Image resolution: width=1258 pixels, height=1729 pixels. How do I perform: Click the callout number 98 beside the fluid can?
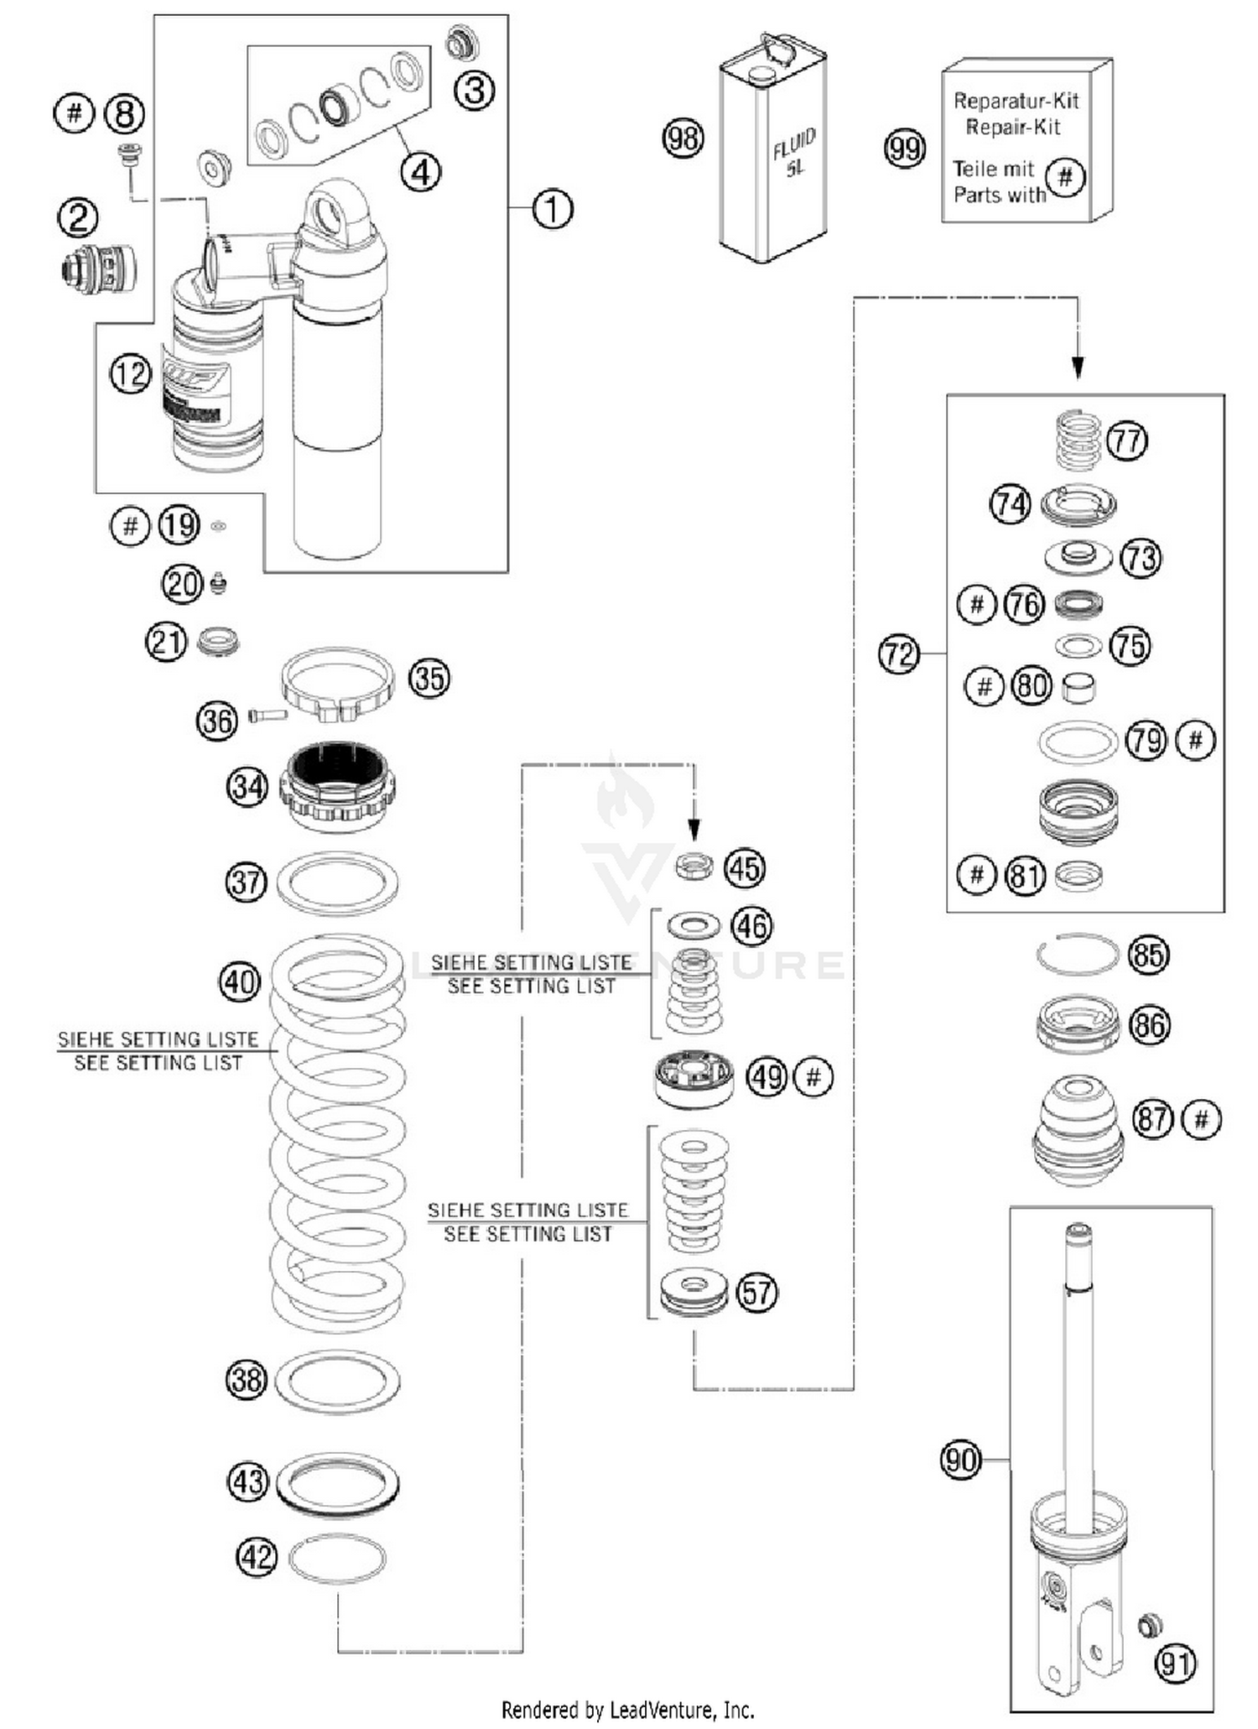[x=683, y=138]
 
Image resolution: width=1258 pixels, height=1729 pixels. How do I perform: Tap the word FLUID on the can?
[x=793, y=144]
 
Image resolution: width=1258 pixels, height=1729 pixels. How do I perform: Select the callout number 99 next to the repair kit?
[x=904, y=149]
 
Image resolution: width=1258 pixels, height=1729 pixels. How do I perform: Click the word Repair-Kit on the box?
[x=1013, y=127]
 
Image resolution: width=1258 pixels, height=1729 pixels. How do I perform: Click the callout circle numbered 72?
[x=898, y=654]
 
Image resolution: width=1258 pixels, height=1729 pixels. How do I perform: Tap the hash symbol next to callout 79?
[x=1195, y=740]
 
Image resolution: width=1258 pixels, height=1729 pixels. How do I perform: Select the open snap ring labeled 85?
[x=1078, y=955]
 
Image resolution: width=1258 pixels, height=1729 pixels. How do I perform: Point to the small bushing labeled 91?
[x=1149, y=1624]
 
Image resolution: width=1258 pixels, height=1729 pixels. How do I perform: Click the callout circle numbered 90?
[x=960, y=1460]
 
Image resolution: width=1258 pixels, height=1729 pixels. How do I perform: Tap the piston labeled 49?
[x=694, y=1078]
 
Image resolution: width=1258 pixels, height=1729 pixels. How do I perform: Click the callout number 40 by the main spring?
[x=239, y=982]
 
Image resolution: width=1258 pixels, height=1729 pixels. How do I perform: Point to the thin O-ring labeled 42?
[x=337, y=1559]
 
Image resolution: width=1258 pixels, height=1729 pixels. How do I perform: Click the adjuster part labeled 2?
[x=99, y=268]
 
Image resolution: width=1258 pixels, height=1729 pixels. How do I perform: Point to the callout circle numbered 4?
[x=420, y=172]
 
